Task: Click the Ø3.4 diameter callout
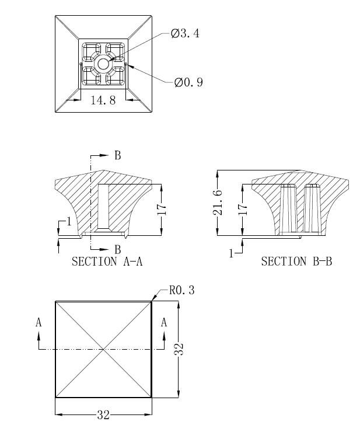[x=185, y=34]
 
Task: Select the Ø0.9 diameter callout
[x=188, y=82]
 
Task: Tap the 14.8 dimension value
[x=103, y=100]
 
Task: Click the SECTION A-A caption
[x=107, y=262]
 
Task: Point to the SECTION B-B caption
[x=296, y=262]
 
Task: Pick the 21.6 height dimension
[x=218, y=203]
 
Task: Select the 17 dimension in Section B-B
[x=243, y=209]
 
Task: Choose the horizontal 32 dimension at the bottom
[x=103, y=415]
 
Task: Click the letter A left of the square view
[x=39, y=322]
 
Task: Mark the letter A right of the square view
[x=164, y=322]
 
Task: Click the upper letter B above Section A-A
[x=117, y=155]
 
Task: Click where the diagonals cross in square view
[x=103, y=349]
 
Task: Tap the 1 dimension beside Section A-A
[x=69, y=221]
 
